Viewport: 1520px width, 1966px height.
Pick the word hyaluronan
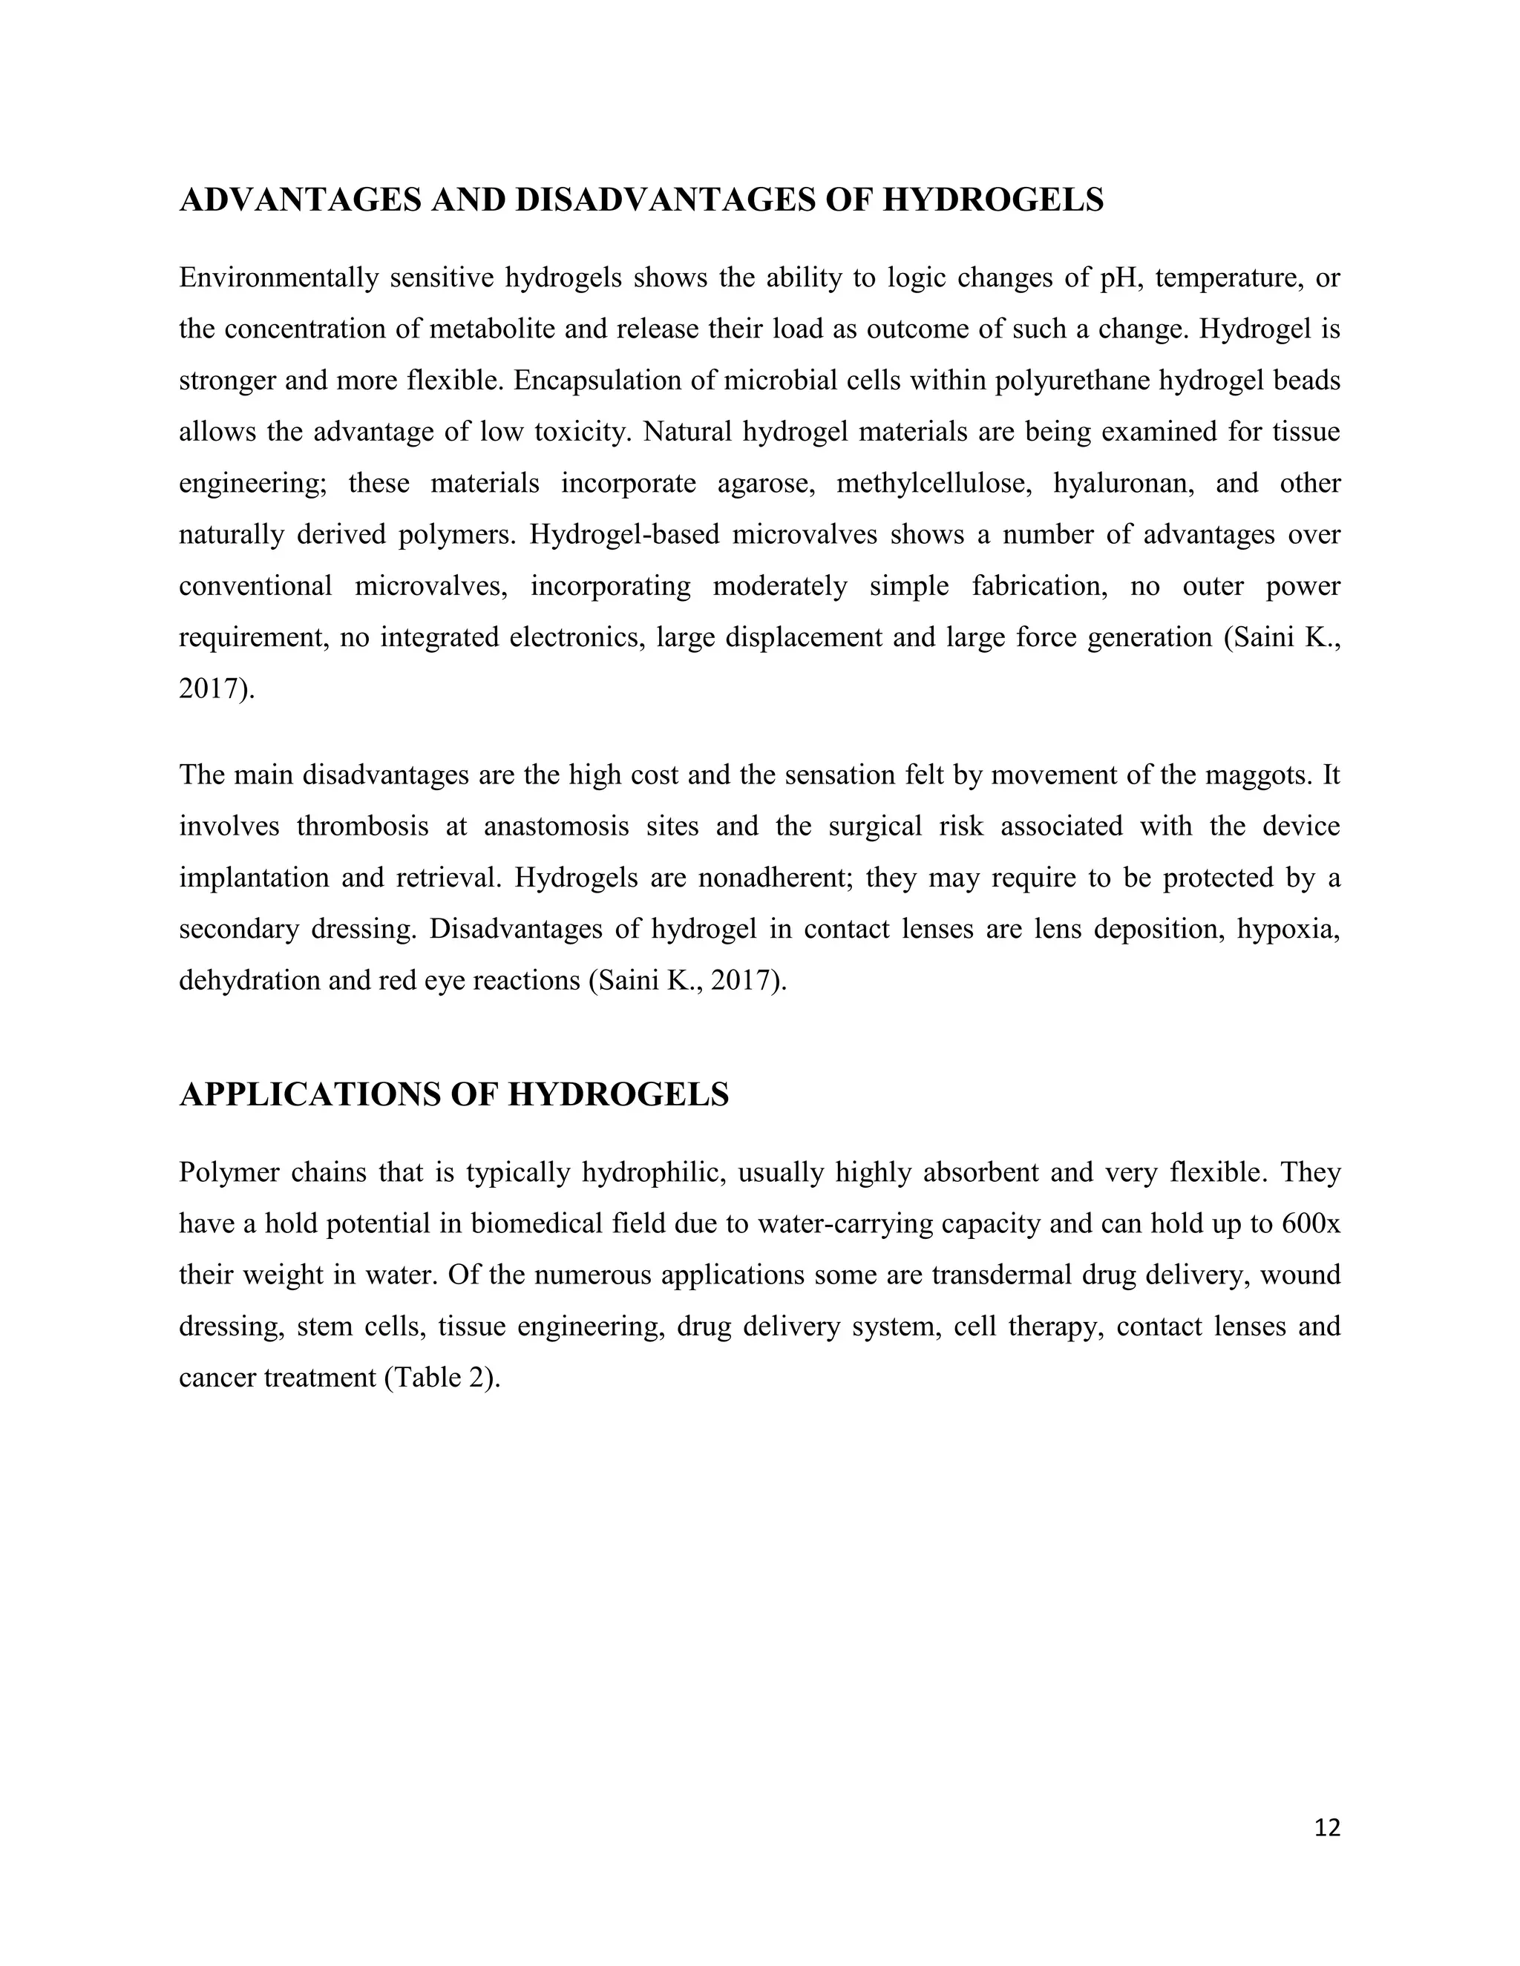click(x=1123, y=484)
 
